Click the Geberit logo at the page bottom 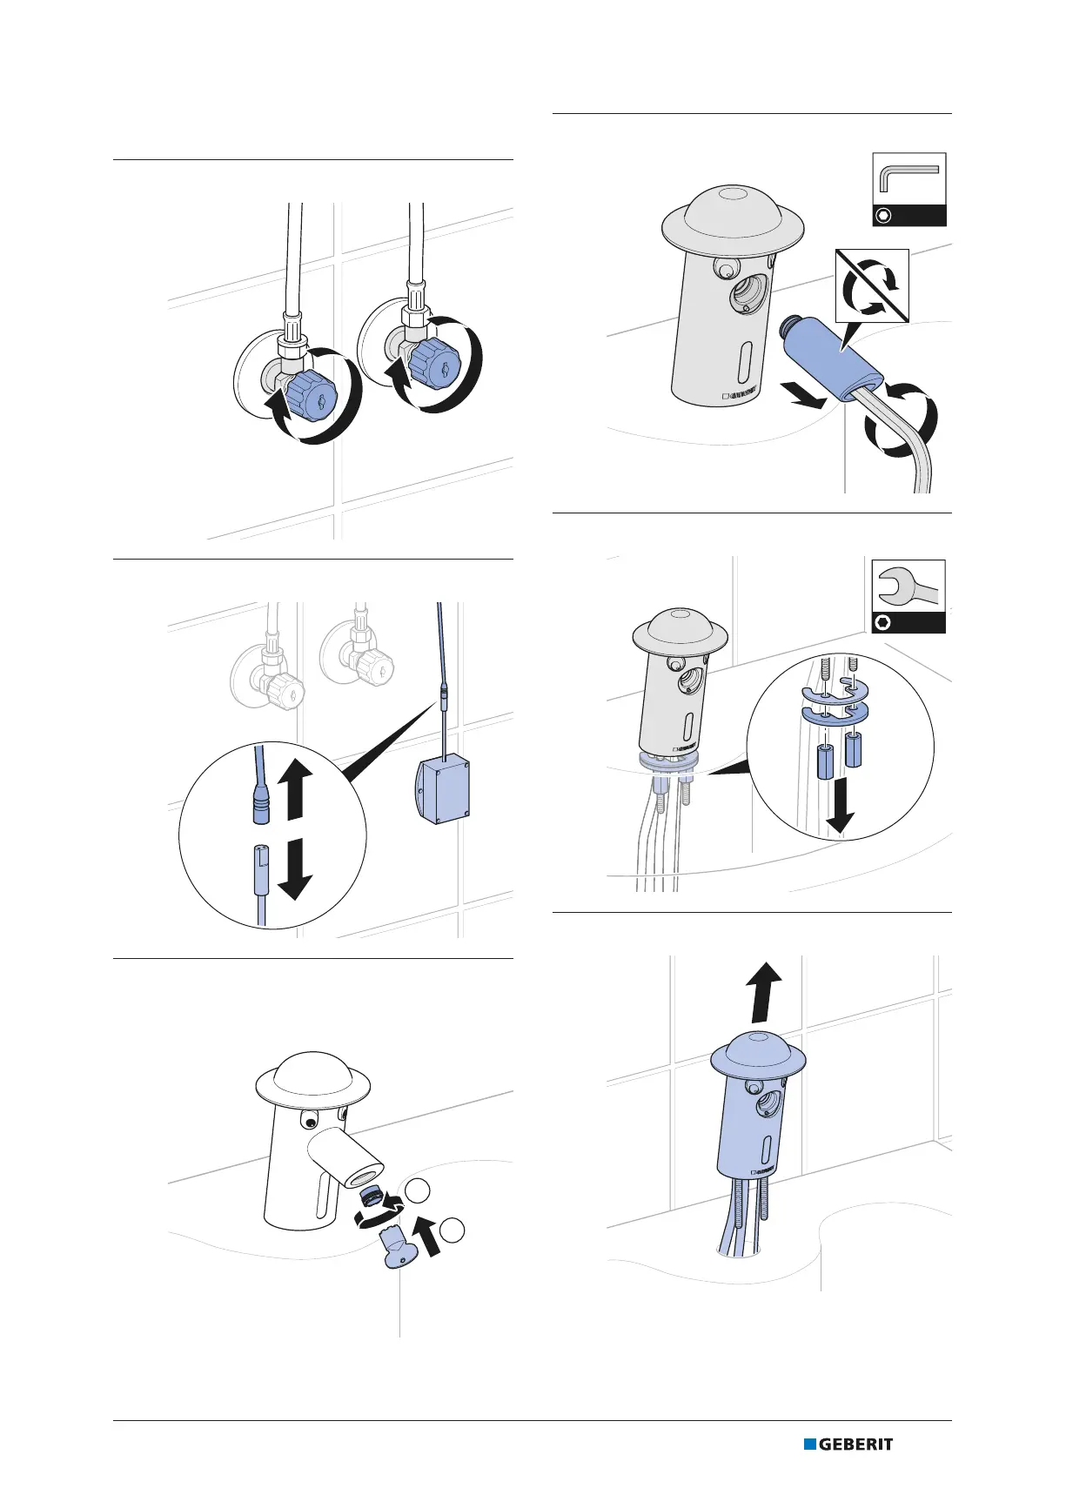coord(848,1444)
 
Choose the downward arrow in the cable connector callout coord(295,868)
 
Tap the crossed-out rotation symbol coord(872,286)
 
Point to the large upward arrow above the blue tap coord(762,991)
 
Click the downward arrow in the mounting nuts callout coord(839,807)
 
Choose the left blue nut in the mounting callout coord(824,761)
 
